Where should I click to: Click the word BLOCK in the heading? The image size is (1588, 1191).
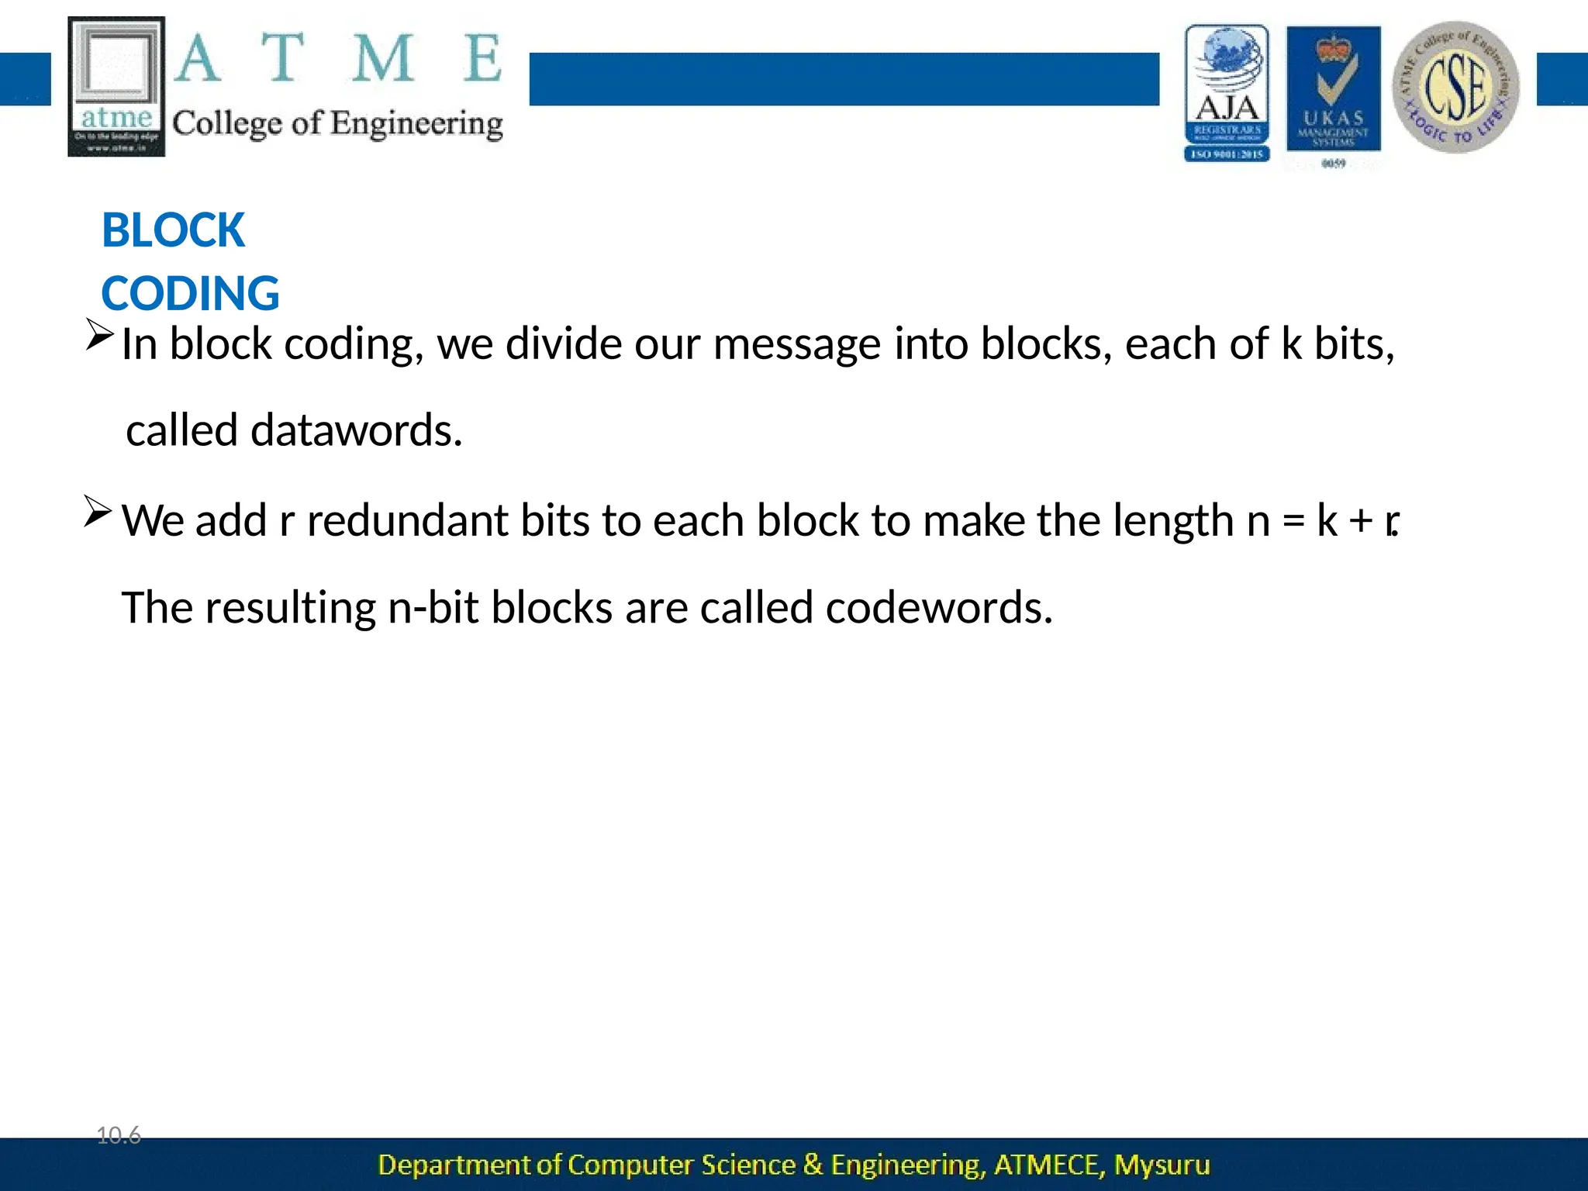(x=173, y=230)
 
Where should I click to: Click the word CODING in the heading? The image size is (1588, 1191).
(x=190, y=294)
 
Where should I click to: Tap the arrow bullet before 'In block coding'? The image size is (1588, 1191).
(x=99, y=334)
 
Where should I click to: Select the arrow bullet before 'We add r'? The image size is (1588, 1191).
(x=98, y=512)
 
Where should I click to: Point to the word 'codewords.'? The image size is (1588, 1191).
(x=938, y=607)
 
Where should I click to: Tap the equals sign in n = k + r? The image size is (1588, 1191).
(x=1293, y=520)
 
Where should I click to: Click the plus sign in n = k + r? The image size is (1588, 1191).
(x=1361, y=520)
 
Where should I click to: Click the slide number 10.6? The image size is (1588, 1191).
(x=119, y=1136)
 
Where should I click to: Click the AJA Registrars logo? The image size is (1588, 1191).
(x=1227, y=92)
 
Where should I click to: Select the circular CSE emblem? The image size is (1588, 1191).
(x=1455, y=87)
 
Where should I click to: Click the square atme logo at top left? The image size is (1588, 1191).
(x=116, y=86)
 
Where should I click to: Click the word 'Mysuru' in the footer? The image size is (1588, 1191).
(x=1162, y=1165)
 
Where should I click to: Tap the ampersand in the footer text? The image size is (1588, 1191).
(x=813, y=1165)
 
